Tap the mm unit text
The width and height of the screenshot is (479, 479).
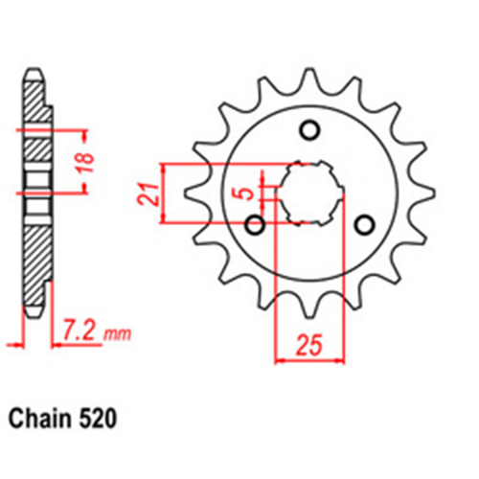coord(117,334)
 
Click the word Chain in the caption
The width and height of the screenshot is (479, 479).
coord(40,420)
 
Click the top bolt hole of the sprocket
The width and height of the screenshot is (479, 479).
coord(309,130)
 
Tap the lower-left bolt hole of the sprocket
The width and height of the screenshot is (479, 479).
coord(255,225)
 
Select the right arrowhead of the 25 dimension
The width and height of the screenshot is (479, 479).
coord(339,363)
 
